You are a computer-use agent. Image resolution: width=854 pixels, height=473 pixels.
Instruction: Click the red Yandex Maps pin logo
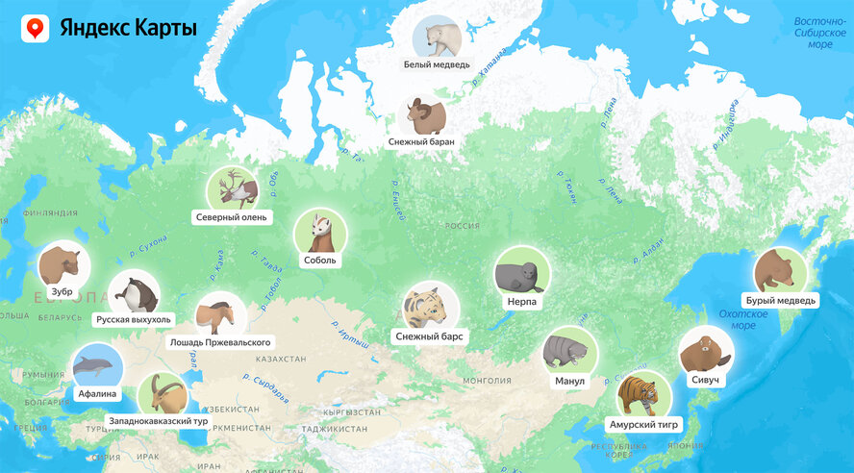pos(36,29)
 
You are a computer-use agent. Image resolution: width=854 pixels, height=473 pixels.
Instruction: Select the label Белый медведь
pos(438,65)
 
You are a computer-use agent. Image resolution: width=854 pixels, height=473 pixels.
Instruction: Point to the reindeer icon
pos(232,189)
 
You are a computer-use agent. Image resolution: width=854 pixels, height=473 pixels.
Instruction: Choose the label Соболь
pos(319,260)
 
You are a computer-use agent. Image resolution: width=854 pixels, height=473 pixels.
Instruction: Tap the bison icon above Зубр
pos(63,262)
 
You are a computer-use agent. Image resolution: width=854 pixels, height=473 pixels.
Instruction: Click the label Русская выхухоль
pos(134,319)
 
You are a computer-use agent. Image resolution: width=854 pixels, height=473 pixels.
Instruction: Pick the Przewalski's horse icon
pos(220,315)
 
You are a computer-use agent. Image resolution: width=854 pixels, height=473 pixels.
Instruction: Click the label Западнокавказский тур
pos(160,421)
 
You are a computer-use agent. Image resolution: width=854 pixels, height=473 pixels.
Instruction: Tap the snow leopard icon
pos(430,308)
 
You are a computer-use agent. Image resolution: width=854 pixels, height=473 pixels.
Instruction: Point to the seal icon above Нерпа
pos(522,274)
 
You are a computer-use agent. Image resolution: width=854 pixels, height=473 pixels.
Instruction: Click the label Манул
pos(569,381)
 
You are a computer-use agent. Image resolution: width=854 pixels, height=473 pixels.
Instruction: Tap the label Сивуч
pos(705,381)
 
